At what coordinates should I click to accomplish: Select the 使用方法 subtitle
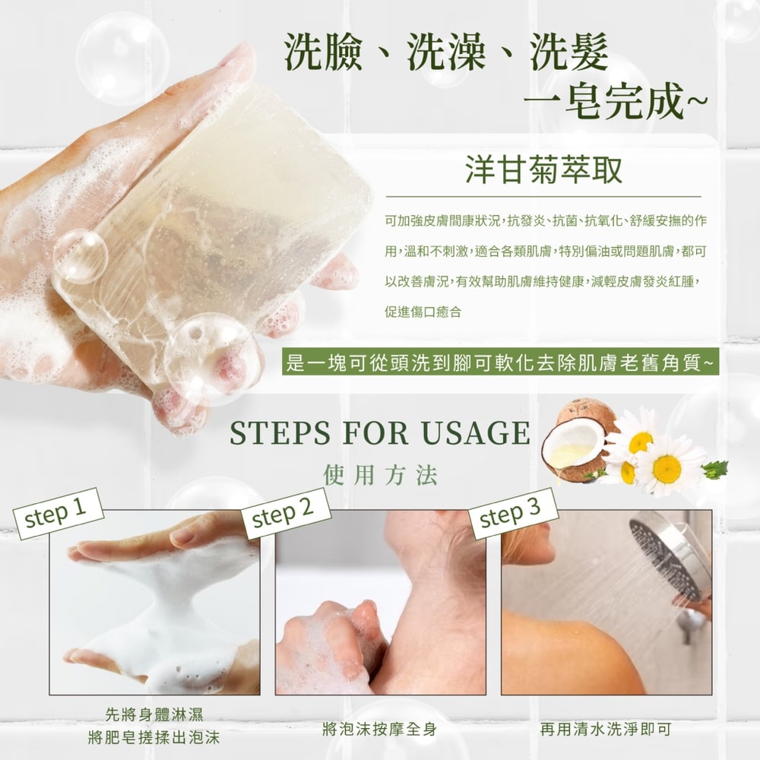380,477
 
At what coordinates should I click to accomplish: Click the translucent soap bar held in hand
220,228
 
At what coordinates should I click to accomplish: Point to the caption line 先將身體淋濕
154,714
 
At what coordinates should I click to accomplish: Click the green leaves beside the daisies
714,470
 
